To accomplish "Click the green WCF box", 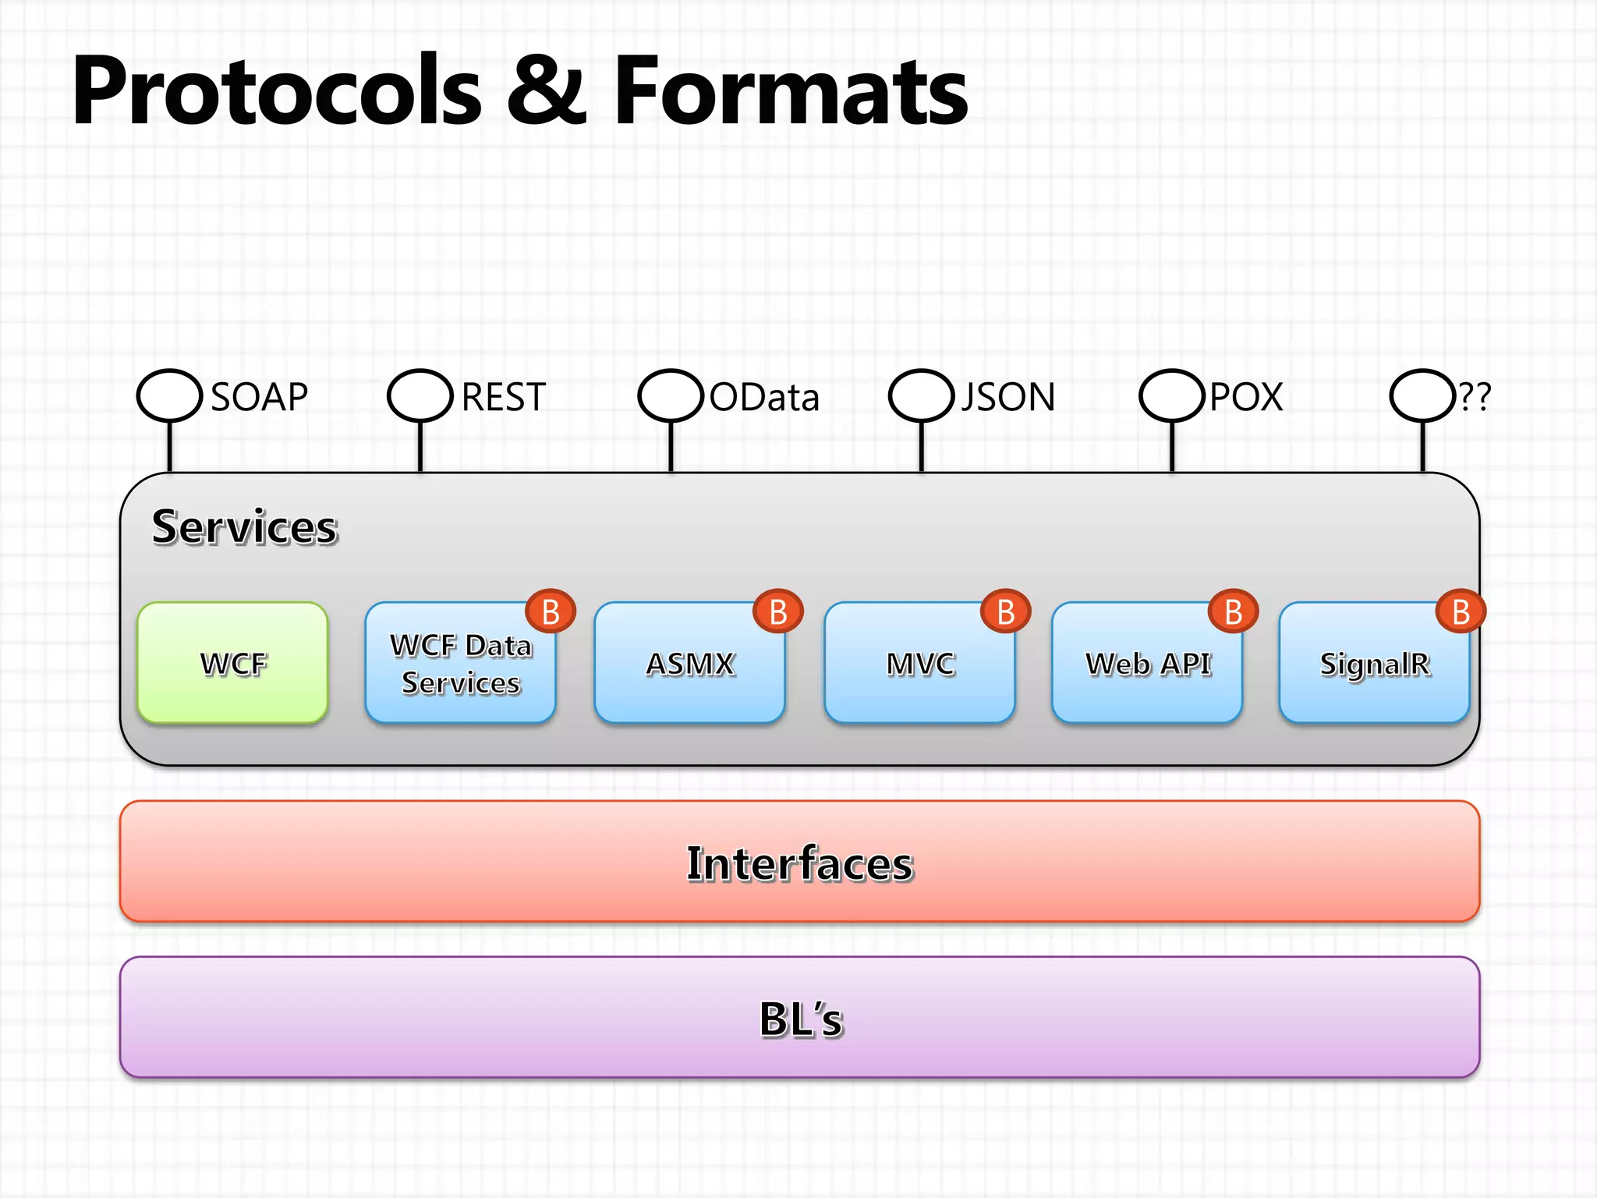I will pos(232,663).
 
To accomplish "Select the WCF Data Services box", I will pos(460,663).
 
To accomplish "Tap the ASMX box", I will pos(689,663).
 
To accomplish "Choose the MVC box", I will pos(919,663).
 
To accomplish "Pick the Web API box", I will pos(1147,663).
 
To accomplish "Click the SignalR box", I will pos(1374,663).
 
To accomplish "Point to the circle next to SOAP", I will pos(169,395).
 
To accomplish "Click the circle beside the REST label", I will pos(420,395).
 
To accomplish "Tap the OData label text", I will pos(764,397).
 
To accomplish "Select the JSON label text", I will pos(1007,397).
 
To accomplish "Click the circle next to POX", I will pos(1171,395).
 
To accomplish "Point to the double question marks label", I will pos(1475,397).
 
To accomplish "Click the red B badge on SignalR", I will pos(1461,611).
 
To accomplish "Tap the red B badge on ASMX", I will pos(777,611).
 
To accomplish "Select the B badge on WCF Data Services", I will pos(551,611).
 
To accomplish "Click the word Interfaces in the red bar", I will pos(799,863).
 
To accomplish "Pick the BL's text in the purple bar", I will pos(801,1019).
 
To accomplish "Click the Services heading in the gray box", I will pos(245,526).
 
